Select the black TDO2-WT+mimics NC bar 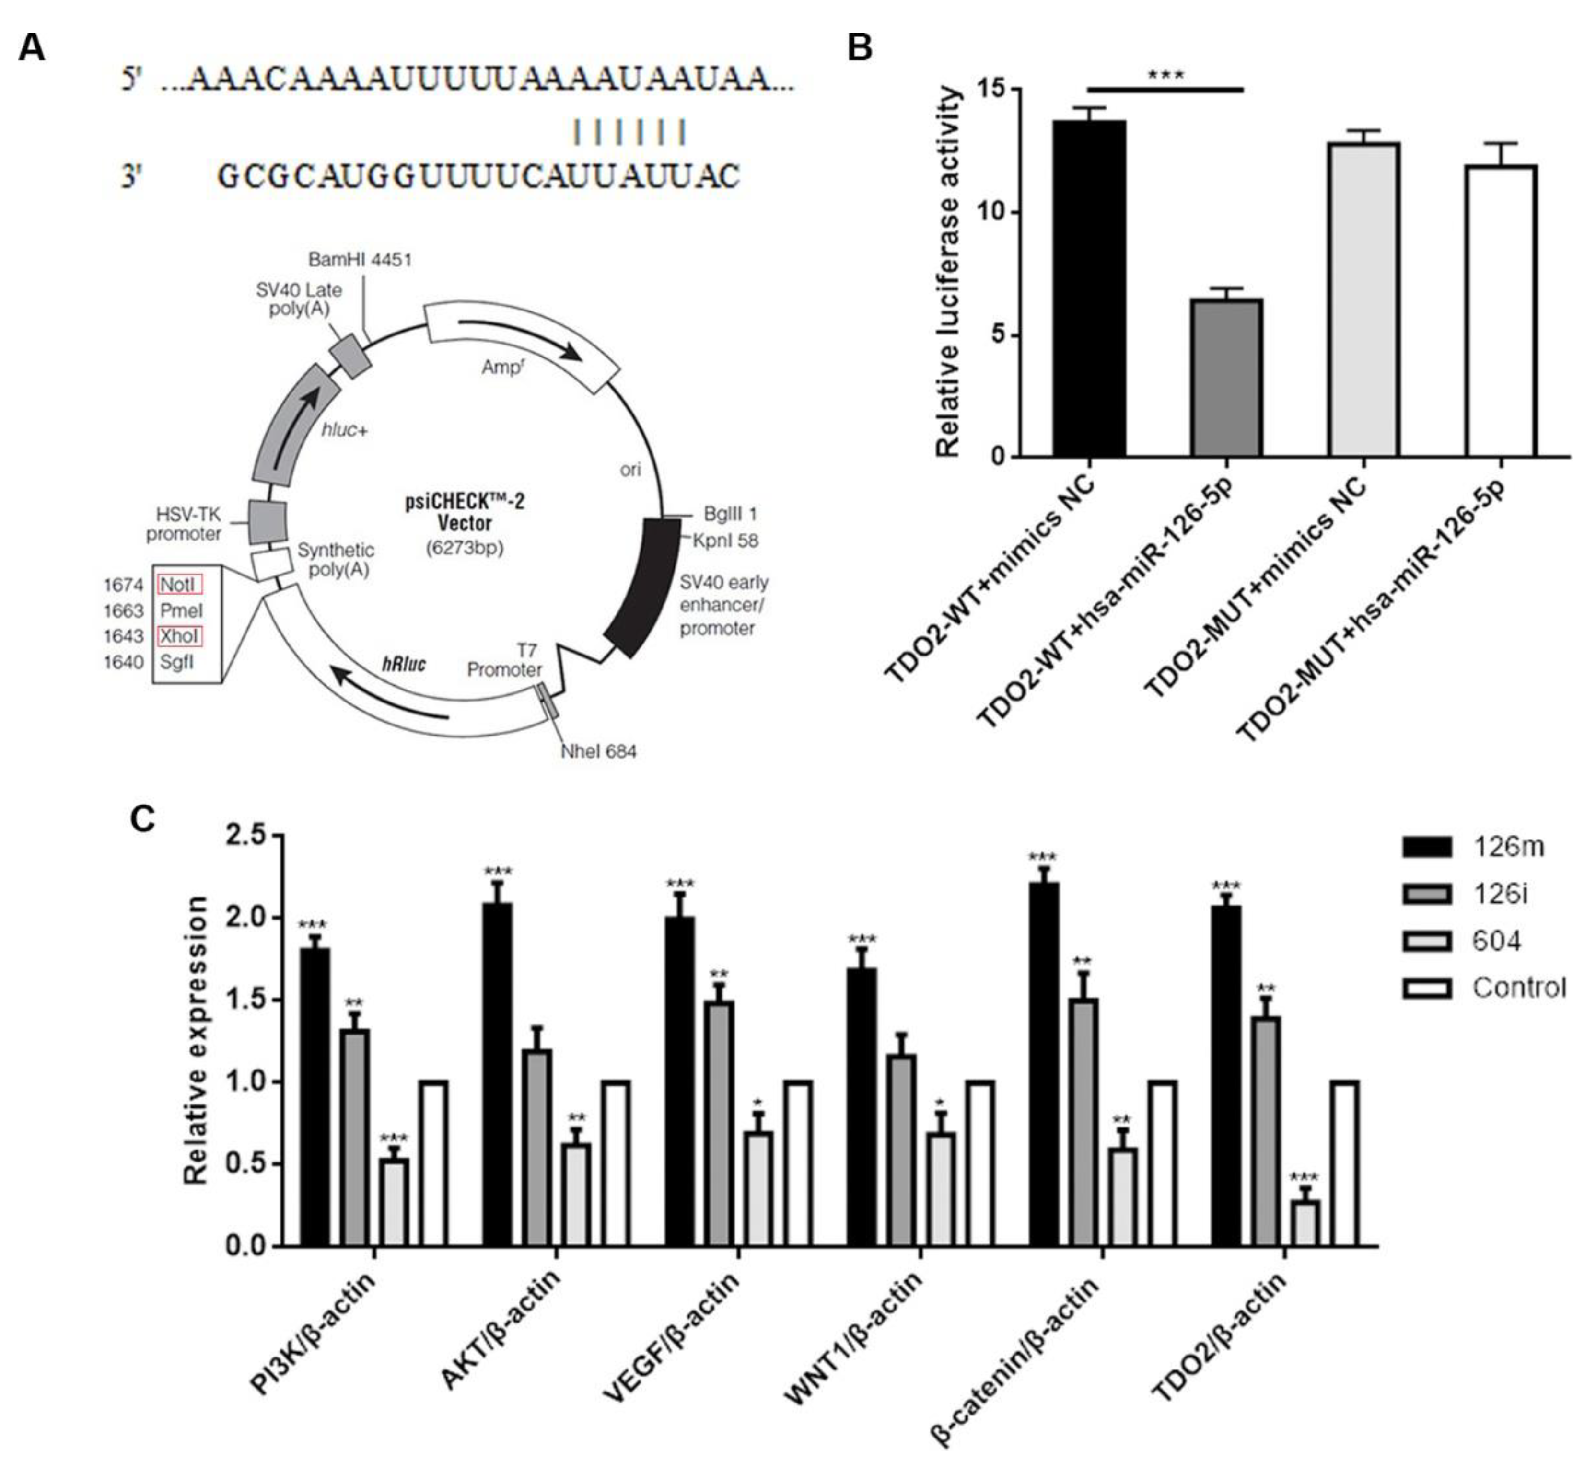pyautogui.click(x=1089, y=289)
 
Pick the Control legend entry pyautogui.click(x=1484, y=988)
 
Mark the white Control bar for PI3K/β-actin pyautogui.click(x=434, y=1163)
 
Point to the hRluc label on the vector pyautogui.click(x=404, y=663)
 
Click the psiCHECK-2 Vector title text pyautogui.click(x=465, y=512)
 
